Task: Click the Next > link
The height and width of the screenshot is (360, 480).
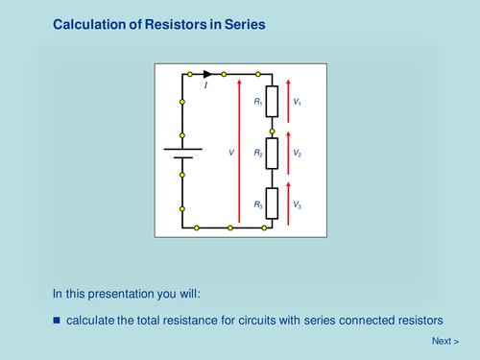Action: click(444, 341)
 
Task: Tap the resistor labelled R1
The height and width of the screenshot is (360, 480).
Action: click(272, 101)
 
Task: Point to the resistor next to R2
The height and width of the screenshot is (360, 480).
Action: click(272, 153)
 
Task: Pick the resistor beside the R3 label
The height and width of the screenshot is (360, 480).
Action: click(272, 204)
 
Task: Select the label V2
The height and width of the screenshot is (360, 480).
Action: click(298, 154)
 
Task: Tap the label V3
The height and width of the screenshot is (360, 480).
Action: click(298, 205)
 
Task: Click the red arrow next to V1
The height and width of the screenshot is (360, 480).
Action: click(287, 101)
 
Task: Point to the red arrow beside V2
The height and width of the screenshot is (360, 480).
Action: click(287, 153)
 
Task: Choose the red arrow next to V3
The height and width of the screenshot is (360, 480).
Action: click(287, 204)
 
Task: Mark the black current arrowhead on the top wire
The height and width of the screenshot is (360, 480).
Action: click(206, 74)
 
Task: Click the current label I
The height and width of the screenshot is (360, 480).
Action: click(206, 86)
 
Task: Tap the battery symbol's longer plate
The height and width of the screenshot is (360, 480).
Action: click(181, 149)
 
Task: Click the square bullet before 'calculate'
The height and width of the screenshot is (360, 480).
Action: click(57, 319)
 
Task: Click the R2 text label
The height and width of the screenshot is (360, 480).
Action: click(258, 154)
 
